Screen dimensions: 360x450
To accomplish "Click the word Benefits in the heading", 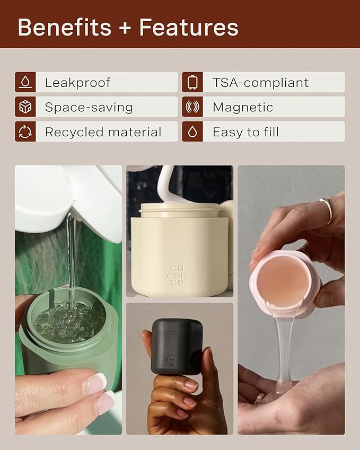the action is click(65, 27).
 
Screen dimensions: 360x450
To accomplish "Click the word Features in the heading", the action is click(189, 27).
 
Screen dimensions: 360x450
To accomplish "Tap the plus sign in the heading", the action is click(125, 28).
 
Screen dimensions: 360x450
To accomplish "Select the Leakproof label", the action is click(77, 83).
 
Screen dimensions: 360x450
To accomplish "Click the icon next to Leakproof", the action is click(25, 82).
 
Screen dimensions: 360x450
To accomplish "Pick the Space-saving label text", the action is click(89, 108).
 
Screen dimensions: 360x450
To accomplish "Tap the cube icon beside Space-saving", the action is click(25, 107).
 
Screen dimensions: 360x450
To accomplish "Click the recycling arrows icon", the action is click(25, 131).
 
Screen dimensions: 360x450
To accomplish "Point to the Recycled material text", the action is click(103, 132).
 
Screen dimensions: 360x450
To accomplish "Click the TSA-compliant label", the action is click(261, 83).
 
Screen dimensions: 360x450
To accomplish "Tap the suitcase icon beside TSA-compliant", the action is click(192, 82).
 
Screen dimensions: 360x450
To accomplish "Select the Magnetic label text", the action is click(243, 108).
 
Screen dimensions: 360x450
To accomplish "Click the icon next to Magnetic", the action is click(192, 107).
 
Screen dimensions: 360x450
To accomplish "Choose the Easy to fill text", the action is click(245, 132).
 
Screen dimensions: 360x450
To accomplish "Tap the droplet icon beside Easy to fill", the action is click(192, 131).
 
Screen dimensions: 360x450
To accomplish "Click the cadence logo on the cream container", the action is click(177, 275).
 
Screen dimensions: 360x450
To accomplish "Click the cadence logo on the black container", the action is click(170, 360).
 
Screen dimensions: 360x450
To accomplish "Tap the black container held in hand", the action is click(177, 346).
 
